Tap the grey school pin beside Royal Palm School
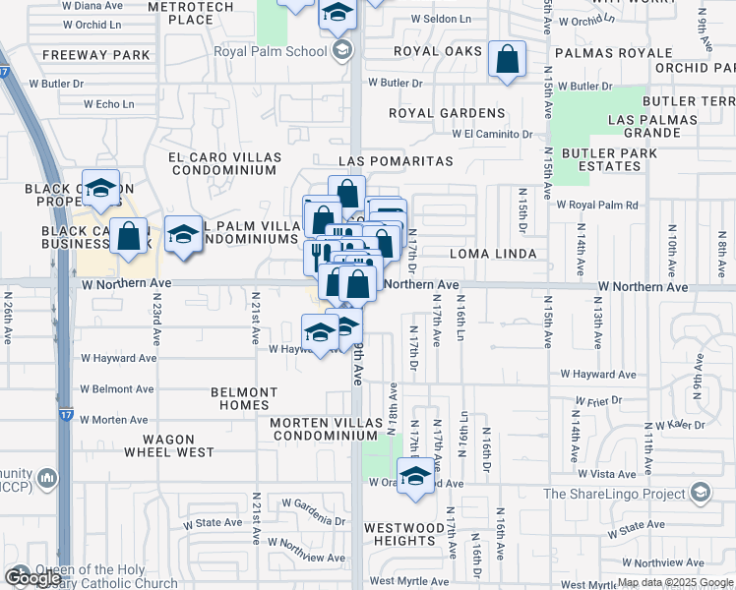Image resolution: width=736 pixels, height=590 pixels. (342, 50)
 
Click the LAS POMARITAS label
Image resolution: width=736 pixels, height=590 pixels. (396, 160)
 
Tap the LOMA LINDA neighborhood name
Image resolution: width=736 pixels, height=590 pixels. (493, 254)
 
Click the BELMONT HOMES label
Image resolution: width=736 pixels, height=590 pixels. (244, 398)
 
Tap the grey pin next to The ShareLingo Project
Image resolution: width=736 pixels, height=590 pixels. (700, 492)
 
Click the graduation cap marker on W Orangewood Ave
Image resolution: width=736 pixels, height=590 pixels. (416, 477)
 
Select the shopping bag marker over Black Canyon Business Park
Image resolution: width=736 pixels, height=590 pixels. (129, 237)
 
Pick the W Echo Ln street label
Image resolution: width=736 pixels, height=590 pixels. (108, 103)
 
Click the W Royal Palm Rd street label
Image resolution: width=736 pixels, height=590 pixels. (597, 206)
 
